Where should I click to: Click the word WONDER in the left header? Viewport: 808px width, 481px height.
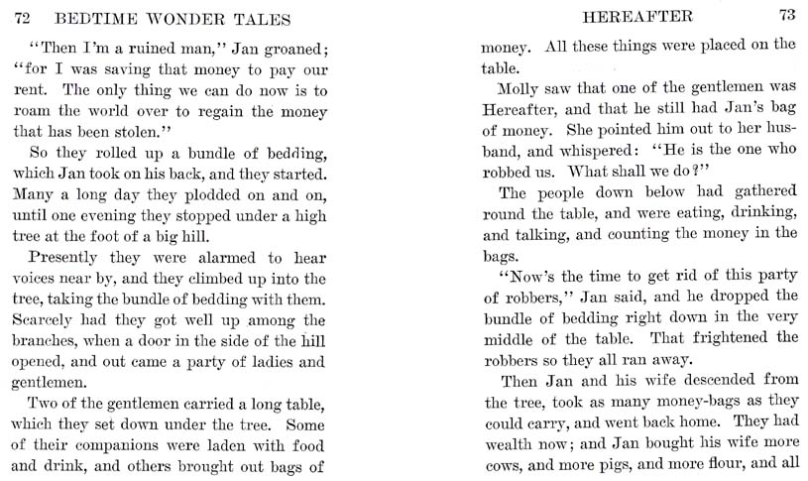tap(176, 17)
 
